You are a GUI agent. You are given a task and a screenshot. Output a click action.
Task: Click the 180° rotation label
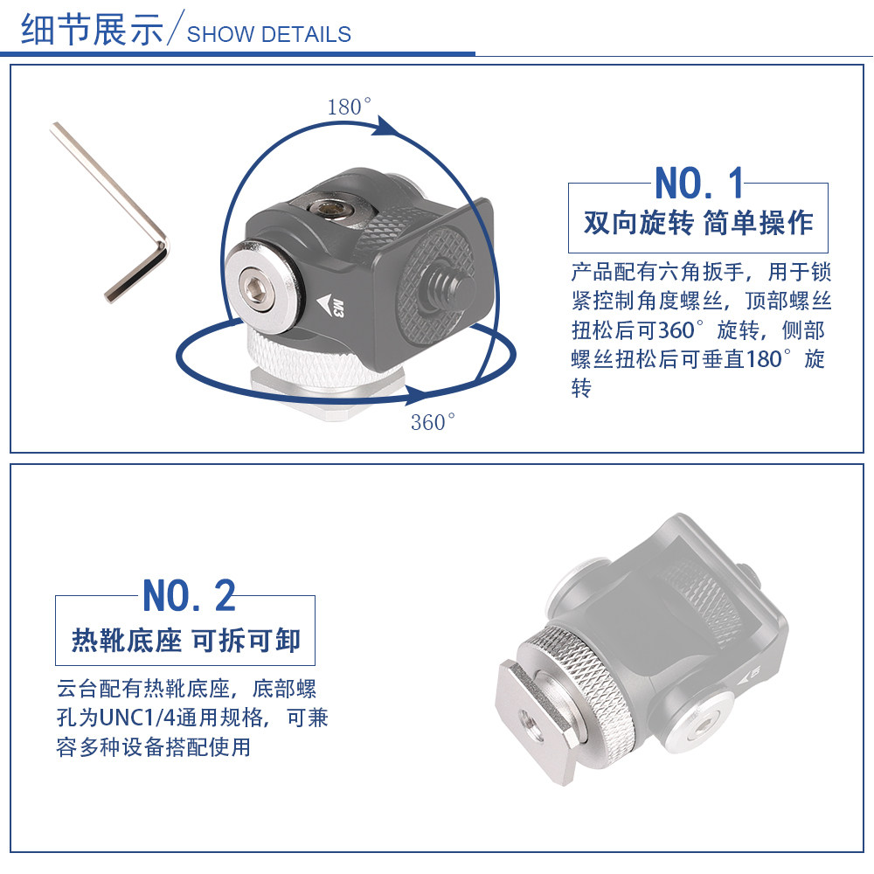click(x=350, y=106)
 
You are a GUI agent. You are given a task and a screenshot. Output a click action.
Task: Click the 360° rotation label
click(x=434, y=422)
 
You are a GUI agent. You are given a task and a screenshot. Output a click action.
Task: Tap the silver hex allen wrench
click(x=109, y=212)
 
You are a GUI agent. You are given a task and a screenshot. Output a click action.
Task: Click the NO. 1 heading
click(x=699, y=183)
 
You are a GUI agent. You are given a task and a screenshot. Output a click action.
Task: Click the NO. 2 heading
click(x=190, y=595)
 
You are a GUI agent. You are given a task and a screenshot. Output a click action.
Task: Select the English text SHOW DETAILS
click(x=269, y=35)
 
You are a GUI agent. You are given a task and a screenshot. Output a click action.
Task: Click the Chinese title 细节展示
click(x=92, y=30)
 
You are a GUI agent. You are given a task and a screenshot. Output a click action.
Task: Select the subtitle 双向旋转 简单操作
click(x=698, y=224)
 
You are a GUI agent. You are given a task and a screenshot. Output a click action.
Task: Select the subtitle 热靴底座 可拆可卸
click(x=186, y=641)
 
